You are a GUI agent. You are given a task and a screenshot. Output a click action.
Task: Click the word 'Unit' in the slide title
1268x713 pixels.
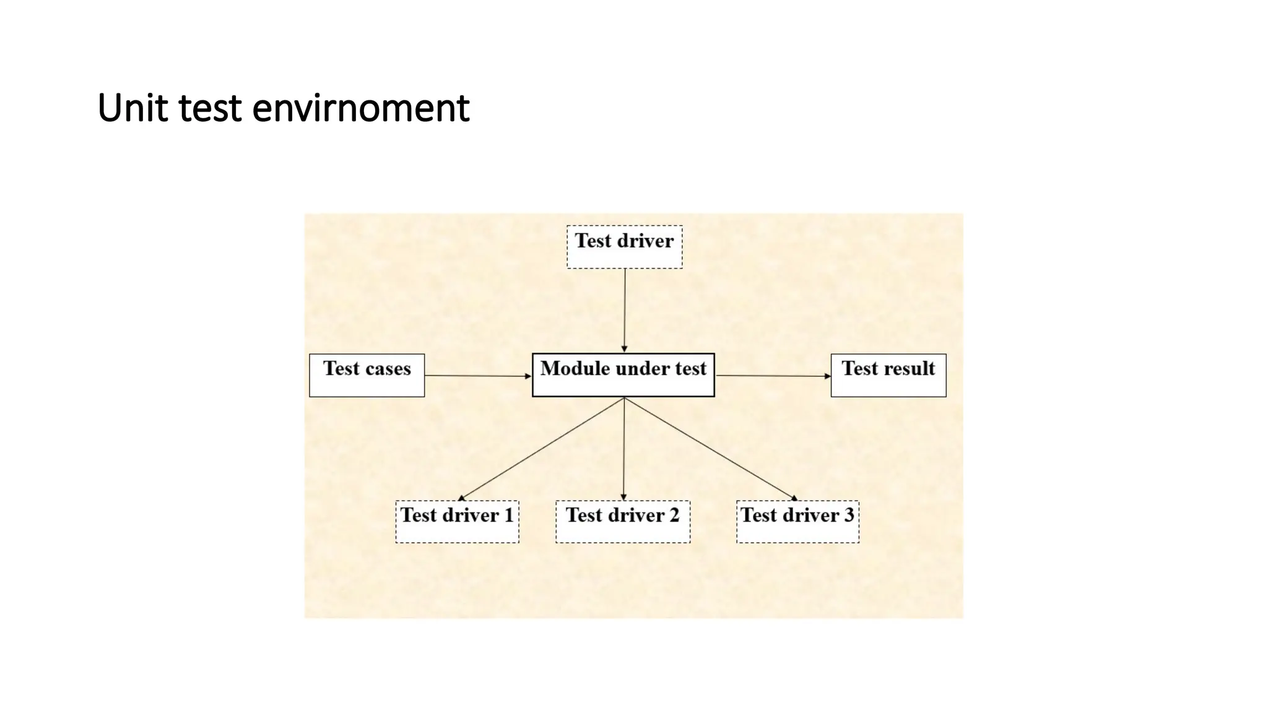[132, 108]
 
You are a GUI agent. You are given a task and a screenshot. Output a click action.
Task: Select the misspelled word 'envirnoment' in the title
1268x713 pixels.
[360, 108]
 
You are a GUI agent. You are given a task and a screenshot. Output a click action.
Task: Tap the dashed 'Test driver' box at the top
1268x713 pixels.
[624, 246]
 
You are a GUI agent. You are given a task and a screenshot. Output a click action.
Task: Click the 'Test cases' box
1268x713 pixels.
[367, 375]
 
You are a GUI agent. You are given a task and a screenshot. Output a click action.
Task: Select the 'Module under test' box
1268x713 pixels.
[623, 375]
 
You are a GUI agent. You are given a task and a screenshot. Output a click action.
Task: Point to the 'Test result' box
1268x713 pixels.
[888, 375]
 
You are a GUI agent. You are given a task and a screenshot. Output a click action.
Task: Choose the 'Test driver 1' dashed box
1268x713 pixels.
[457, 522]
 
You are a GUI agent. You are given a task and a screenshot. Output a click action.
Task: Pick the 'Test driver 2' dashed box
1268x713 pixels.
[622, 522]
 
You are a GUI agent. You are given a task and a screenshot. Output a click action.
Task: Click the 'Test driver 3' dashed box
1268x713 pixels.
[797, 522]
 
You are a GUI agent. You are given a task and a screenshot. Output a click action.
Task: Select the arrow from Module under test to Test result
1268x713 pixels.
[773, 376]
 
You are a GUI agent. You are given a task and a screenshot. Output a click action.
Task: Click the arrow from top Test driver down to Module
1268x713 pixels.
[625, 309]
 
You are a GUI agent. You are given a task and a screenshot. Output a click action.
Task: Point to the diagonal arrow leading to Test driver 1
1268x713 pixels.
[542, 449]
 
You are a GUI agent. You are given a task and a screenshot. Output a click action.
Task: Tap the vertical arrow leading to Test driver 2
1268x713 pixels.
[623, 449]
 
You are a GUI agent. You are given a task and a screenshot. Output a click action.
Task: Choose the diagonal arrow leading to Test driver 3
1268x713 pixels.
[711, 449]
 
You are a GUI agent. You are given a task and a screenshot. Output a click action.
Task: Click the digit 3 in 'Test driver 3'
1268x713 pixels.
[849, 515]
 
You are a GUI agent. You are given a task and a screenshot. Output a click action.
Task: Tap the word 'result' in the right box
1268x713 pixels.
[909, 368]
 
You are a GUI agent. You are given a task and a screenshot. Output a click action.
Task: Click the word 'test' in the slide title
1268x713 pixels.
[210, 108]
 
